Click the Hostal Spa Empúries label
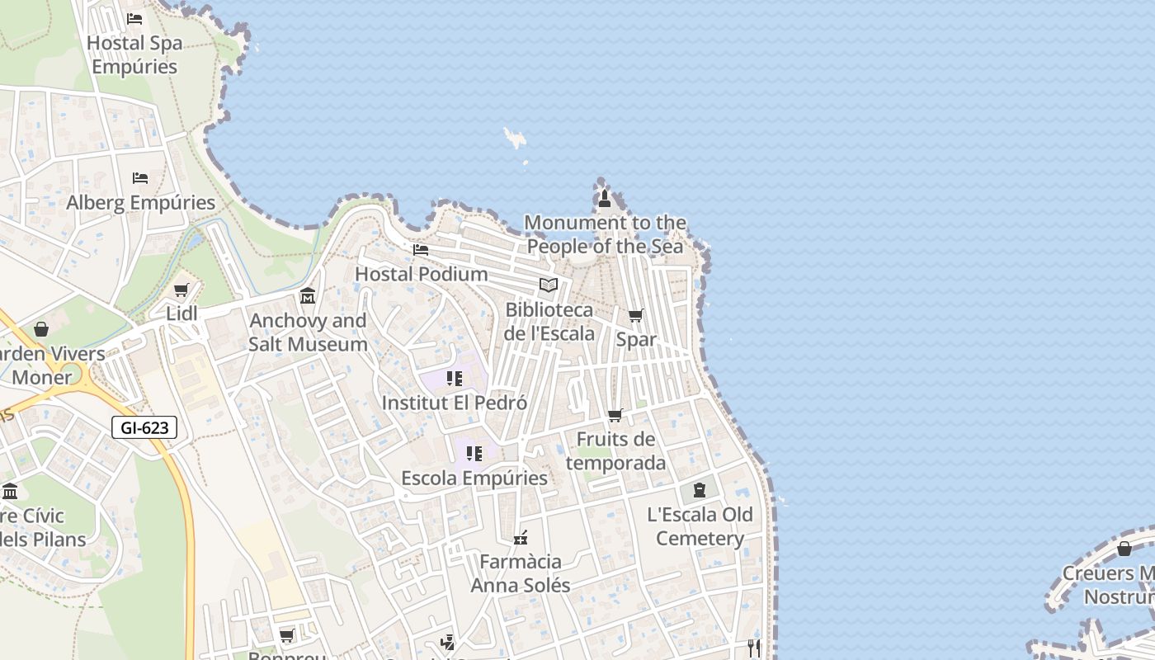[x=134, y=54]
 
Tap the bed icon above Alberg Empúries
[x=140, y=177]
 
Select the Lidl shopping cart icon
[x=181, y=290]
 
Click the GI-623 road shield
[x=144, y=427]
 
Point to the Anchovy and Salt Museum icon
[x=308, y=296]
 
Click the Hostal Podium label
[x=421, y=274]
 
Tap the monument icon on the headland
[x=605, y=198]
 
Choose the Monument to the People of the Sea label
[x=606, y=234]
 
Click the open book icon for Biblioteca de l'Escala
[x=549, y=285]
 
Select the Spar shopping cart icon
[x=636, y=315]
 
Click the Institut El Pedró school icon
[x=454, y=379]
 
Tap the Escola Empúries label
[x=474, y=478]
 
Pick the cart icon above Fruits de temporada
[x=615, y=416]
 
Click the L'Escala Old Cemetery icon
[x=700, y=490]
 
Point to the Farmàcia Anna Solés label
[x=521, y=573]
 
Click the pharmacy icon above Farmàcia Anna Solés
[x=520, y=538]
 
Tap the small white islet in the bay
[x=516, y=138]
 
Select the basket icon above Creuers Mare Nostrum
[x=1124, y=549]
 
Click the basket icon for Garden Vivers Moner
[x=41, y=329]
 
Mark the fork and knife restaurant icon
[x=753, y=648]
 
